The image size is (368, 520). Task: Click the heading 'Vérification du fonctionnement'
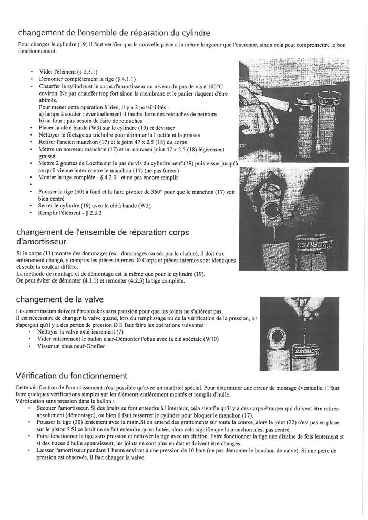71,376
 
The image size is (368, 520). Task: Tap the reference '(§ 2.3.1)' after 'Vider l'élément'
91,71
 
